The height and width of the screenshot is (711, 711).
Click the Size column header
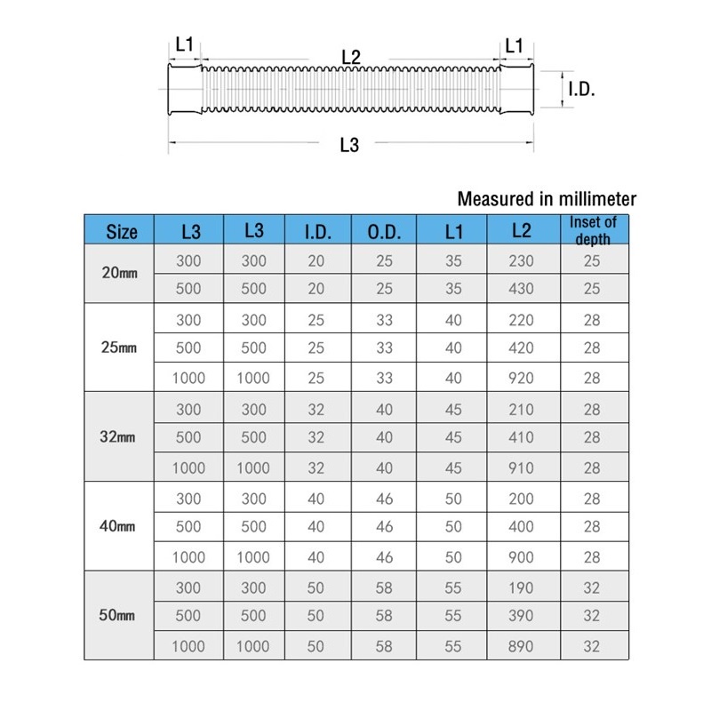(122, 232)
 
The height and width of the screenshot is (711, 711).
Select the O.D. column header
(384, 232)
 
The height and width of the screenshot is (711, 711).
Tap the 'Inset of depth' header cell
(594, 230)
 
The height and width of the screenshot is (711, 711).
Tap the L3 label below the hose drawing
(349, 147)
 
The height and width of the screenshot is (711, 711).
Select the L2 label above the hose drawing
(351, 56)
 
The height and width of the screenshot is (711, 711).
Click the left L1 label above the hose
(185, 44)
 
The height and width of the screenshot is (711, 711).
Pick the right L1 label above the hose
(515, 44)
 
